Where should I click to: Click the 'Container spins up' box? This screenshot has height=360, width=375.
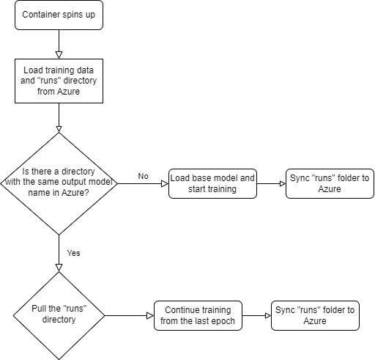(x=59, y=15)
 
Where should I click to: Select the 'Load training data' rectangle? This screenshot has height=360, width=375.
(x=59, y=81)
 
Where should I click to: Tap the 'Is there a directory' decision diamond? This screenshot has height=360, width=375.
(x=59, y=183)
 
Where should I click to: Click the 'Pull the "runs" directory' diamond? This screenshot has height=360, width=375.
(x=59, y=315)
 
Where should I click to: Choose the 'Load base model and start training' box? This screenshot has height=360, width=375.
(x=212, y=183)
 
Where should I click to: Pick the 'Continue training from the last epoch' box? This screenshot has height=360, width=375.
(x=198, y=315)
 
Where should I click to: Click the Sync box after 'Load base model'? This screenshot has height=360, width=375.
(x=330, y=183)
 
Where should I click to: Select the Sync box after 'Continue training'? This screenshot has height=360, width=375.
(x=315, y=315)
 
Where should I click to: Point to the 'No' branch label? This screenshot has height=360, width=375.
(x=143, y=176)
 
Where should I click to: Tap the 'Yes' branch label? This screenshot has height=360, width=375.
(x=73, y=253)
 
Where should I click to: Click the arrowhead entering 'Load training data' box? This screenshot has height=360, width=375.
(x=59, y=55)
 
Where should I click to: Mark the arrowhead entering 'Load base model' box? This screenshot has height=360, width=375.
(x=165, y=183)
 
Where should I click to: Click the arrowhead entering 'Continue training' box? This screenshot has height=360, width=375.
(x=150, y=315)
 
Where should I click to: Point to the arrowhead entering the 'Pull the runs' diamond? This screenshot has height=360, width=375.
(x=59, y=268)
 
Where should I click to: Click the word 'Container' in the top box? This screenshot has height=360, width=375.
(x=40, y=15)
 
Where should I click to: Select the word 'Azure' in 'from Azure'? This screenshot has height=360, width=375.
(x=68, y=92)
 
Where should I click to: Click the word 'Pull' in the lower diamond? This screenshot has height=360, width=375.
(x=39, y=309)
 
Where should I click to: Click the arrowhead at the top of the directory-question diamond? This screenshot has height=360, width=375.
(x=59, y=129)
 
